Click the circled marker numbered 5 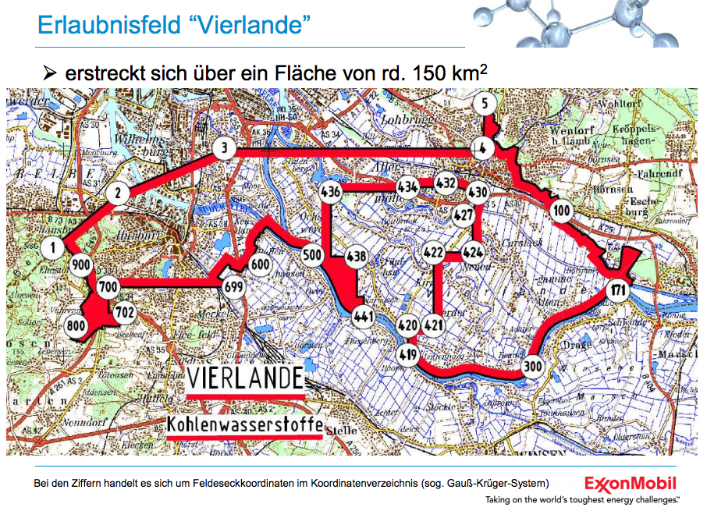[x=485, y=104]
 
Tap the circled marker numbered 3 [x=225, y=148]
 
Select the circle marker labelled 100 [x=560, y=211]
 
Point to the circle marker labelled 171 [x=616, y=290]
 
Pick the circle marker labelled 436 [x=330, y=192]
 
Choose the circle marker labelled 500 [x=312, y=255]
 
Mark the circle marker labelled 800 [x=76, y=325]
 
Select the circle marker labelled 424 [x=473, y=254]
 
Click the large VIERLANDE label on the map [x=245, y=379]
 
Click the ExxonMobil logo [x=630, y=484]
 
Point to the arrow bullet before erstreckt [x=51, y=74]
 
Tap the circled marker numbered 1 [x=52, y=250]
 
